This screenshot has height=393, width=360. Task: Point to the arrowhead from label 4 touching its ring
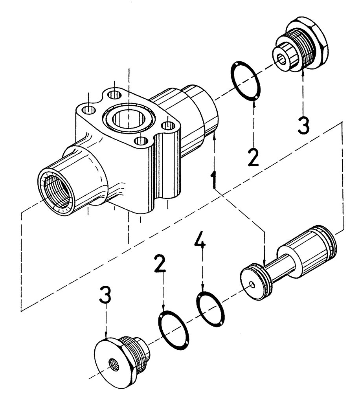point(202,292)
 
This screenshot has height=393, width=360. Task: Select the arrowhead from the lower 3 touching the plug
point(106,337)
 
